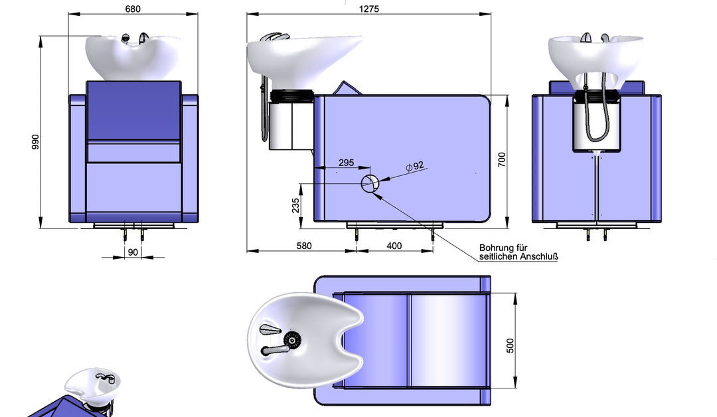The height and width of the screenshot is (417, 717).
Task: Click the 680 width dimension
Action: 132,9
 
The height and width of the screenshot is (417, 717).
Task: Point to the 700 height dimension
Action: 502,159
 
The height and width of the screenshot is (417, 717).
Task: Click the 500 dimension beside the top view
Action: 510,345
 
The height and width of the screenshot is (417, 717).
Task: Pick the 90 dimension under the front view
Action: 133,252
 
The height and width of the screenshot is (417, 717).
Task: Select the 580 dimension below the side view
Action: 303,246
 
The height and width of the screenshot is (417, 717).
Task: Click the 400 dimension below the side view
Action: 394,246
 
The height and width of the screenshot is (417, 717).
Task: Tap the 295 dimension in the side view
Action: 346,162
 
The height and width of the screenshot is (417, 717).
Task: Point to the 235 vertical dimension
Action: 295,206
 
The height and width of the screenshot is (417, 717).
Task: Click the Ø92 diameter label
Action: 417,165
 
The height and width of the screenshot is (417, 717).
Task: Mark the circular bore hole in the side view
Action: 370,184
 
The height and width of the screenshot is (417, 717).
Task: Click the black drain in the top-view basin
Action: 290,341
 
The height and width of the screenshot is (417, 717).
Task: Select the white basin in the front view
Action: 133,56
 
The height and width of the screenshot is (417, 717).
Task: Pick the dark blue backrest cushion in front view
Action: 133,110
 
